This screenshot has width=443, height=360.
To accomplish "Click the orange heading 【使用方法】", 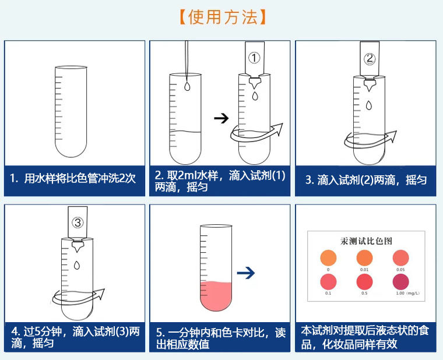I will tap(222, 16).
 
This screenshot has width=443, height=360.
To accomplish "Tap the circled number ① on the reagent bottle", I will tap(254, 58).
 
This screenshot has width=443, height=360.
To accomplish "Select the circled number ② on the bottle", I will tap(370, 59).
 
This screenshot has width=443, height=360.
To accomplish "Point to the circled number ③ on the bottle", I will tap(78, 223).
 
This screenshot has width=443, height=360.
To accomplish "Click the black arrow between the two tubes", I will tap(221, 118).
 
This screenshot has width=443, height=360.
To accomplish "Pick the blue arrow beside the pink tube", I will tap(247, 272).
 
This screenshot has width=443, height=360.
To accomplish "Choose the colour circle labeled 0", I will tap(329, 257).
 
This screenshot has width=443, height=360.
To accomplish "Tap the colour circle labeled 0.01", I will tap(364, 257).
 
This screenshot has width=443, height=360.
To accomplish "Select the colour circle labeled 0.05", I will tap(400, 257).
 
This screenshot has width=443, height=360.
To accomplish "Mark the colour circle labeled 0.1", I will tap(329, 281).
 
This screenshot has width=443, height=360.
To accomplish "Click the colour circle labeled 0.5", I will tap(364, 281).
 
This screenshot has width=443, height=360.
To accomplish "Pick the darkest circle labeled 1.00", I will tap(400, 281).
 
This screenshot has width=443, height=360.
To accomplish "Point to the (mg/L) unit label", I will tap(412, 293).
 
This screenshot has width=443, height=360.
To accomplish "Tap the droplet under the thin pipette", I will tap(186, 87).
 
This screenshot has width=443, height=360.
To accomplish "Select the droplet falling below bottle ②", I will tap(370, 105).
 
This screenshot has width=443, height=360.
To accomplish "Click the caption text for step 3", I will tap(366, 180).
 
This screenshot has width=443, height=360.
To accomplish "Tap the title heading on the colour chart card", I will tap(366, 241).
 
